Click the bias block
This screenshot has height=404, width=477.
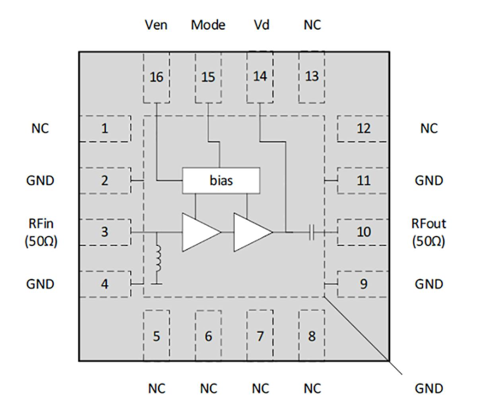[x=221, y=181]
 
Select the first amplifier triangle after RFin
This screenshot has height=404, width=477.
[x=199, y=232]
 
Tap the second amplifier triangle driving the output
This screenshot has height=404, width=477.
[x=250, y=232]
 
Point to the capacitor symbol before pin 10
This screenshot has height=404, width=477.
[x=312, y=232]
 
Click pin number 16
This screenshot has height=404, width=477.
[x=156, y=77]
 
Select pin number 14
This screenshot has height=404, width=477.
[x=260, y=76]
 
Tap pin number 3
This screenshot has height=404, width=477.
[x=105, y=232]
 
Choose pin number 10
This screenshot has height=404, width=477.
[x=363, y=232]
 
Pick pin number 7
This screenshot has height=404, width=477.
[x=260, y=336]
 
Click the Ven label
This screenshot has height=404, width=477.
[x=156, y=25]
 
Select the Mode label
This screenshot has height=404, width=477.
[x=208, y=25]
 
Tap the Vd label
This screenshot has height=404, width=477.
[x=262, y=25]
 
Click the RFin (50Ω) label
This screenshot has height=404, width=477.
[x=41, y=232]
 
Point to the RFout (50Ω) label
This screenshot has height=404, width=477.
[x=429, y=232]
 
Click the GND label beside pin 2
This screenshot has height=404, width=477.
[x=40, y=181]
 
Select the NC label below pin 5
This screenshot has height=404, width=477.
[x=156, y=388]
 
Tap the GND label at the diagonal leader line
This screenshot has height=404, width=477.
[x=429, y=388]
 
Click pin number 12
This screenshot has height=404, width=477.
[x=363, y=128]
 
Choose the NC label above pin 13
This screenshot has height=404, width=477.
[x=312, y=25]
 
